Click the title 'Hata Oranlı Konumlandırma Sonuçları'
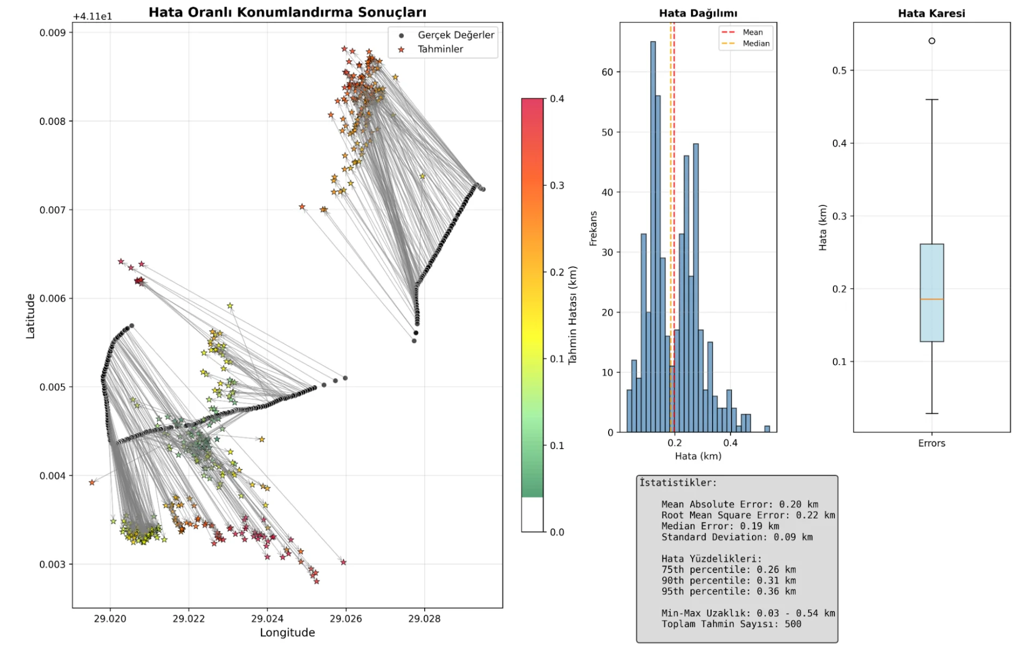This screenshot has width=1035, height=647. click(287, 12)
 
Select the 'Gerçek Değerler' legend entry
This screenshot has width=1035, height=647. click(456, 35)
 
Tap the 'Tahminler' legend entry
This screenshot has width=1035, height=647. click(440, 49)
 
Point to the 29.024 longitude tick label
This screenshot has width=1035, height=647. click(267, 618)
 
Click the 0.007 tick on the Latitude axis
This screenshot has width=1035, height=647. click(52, 210)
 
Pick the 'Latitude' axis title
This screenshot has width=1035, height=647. click(31, 316)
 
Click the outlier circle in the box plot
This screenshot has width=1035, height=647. click(931, 41)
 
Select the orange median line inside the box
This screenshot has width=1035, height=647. click(931, 299)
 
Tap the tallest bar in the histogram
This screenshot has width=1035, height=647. click(653, 237)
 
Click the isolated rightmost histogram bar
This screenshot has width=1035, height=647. click(767, 429)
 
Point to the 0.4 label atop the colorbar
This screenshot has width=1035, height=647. click(557, 99)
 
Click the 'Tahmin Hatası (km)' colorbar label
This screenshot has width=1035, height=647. click(572, 315)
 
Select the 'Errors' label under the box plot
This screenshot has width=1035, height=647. click(931, 443)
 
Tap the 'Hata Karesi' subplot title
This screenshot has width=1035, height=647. click(931, 13)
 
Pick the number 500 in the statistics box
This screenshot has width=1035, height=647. click(792, 624)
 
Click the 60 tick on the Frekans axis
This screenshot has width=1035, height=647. click(607, 72)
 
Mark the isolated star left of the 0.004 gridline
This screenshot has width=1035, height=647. click(92, 482)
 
